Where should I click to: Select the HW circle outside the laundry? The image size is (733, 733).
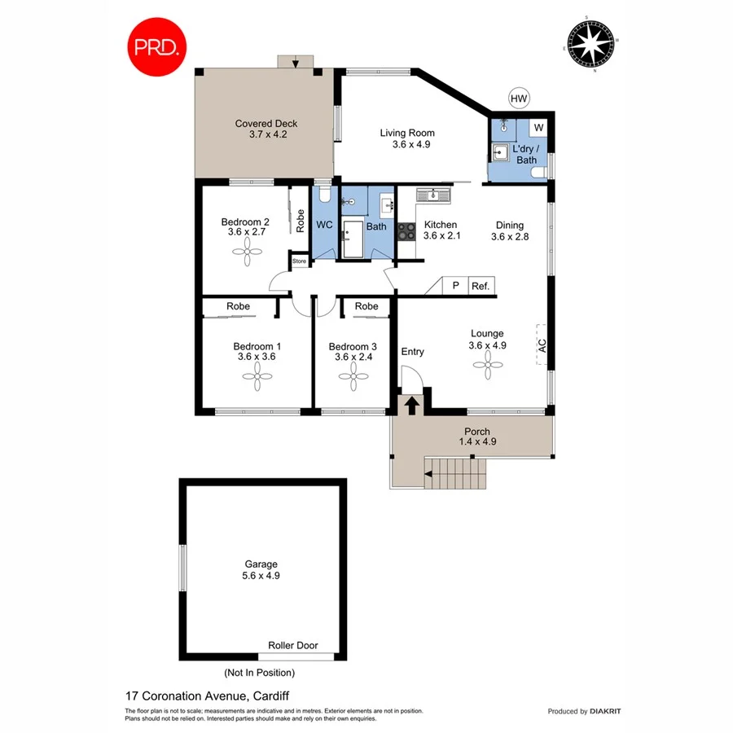tap(519, 99)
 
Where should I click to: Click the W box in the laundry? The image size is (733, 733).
tap(538, 128)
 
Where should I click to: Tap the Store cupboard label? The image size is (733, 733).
tap(299, 261)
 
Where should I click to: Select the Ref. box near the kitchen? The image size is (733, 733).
tap(480, 286)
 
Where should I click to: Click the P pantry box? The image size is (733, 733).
tap(455, 286)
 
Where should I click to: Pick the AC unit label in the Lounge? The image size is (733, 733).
tap(541, 345)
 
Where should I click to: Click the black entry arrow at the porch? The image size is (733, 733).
tap(412, 405)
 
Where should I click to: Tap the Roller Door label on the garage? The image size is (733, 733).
tap(293, 645)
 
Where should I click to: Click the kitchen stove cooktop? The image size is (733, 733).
tap(406, 230)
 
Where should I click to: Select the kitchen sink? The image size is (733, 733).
tap(434, 195)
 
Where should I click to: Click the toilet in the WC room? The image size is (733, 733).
tap(324, 194)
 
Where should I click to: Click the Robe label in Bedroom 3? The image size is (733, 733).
tap(367, 306)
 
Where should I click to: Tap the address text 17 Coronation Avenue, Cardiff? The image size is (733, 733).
tap(208, 696)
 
